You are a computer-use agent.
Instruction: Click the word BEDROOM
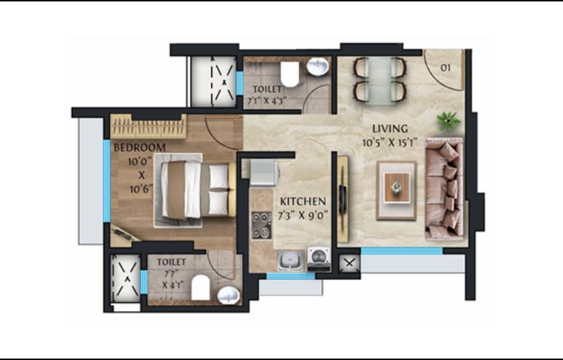pos(140,147)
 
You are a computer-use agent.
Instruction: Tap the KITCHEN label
pos(303,201)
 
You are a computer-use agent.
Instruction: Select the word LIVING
pos(390,128)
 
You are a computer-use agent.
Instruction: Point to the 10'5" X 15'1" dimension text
pos(389,143)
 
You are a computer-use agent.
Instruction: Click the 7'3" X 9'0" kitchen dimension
pos(303,216)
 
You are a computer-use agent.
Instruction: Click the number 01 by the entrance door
pos(445,67)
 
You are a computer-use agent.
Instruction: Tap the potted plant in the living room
pos(448,121)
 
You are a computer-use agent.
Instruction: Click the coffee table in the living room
pos(397,190)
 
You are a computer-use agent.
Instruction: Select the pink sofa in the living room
pos(444,188)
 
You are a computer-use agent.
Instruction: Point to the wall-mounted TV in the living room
pos(343,199)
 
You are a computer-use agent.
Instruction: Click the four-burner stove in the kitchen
pos(262,225)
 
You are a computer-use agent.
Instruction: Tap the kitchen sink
pos(290,260)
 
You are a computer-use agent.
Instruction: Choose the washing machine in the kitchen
pos(318,258)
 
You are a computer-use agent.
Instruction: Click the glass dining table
pos(380,81)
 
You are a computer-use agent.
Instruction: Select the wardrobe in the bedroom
pos(148,126)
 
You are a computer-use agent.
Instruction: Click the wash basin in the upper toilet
pos(317,67)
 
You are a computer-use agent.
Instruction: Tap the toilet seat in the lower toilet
pos(200,288)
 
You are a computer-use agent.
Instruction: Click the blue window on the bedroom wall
pos(106,181)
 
